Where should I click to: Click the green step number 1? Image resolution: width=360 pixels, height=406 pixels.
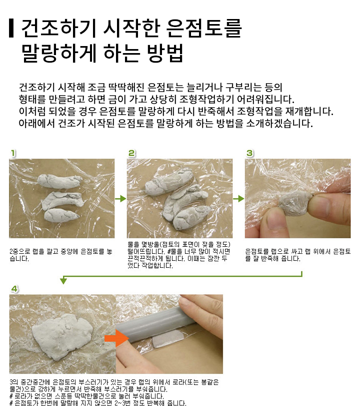coord(13,153)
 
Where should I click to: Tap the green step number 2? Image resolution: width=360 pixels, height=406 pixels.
coord(131,153)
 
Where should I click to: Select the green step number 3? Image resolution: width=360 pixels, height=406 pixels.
coord(249,153)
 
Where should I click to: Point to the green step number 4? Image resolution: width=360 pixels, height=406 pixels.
coord(14,289)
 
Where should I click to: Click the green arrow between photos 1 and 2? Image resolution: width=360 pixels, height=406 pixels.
coord(120,199)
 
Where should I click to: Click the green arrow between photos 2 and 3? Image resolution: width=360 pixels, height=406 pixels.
coord(238,199)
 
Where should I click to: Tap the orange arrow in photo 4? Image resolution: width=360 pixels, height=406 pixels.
coord(116,338)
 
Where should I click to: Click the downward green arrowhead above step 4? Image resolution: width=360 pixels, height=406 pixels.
coord(63,280)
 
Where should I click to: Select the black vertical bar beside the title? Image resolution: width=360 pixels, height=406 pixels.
coord(11,28)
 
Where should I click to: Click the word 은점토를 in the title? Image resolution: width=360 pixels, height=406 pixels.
coord(203,28)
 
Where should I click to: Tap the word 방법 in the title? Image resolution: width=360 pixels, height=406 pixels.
coord(165,53)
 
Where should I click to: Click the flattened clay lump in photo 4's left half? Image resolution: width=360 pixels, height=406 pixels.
coord(62,336)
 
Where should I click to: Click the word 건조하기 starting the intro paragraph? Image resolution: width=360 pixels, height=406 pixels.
coord(36,88)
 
